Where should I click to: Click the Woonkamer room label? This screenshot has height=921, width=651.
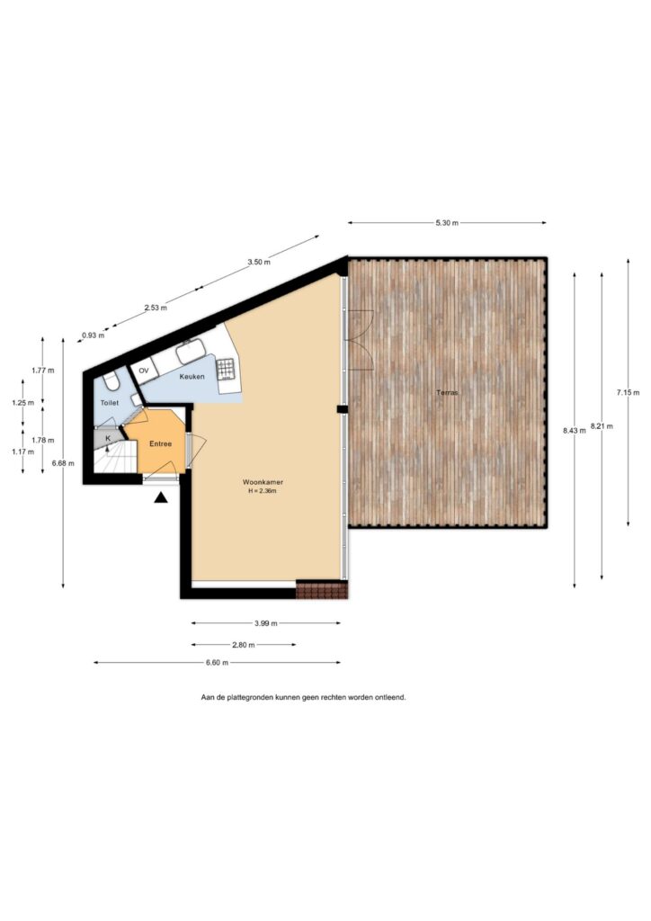click(x=263, y=482)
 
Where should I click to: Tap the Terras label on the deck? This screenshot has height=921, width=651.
click(x=447, y=392)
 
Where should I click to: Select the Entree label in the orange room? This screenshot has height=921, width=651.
click(x=160, y=444)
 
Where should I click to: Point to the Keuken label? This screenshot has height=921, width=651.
click(x=192, y=377)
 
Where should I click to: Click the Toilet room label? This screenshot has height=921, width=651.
click(x=110, y=403)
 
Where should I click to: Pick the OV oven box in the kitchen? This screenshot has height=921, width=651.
click(x=144, y=371)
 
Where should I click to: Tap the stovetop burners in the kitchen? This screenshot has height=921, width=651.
click(x=226, y=370)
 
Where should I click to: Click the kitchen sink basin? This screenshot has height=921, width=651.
click(x=191, y=353)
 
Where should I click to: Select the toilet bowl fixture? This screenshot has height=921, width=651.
click(x=111, y=383)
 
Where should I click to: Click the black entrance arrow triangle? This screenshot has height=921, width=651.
click(x=161, y=498)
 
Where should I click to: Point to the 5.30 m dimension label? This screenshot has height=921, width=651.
click(x=447, y=223)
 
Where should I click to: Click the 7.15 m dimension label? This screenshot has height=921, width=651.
click(x=629, y=392)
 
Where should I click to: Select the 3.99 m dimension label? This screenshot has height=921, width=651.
click(x=266, y=624)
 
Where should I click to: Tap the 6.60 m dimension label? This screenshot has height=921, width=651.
click(x=217, y=663)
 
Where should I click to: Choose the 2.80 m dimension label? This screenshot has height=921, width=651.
click(x=243, y=645)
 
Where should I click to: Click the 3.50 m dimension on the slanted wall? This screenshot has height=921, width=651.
click(x=259, y=263)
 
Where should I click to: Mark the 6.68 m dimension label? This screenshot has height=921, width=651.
click(x=63, y=463)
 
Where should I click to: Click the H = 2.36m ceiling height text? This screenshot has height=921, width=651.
click(x=263, y=490)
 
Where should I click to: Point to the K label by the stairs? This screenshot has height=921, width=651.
click(x=108, y=438)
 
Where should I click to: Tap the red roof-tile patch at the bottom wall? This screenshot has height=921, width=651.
click(x=322, y=590)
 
